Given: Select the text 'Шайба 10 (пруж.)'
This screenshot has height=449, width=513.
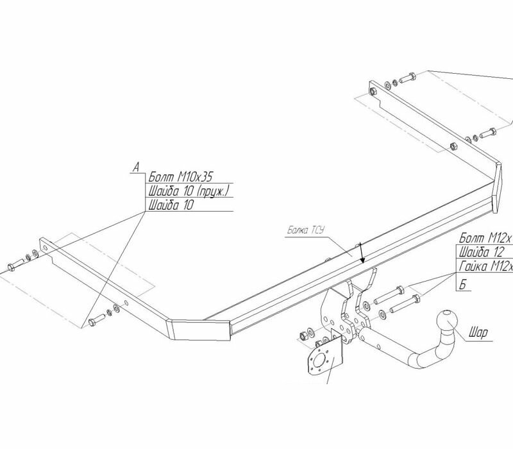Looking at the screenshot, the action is coord(189,192).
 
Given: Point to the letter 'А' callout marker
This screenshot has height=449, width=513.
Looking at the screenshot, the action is coord(136,167).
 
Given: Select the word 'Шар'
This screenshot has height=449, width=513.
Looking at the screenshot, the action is coord(478,333).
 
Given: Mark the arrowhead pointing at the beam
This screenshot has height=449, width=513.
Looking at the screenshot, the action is coord(362,259).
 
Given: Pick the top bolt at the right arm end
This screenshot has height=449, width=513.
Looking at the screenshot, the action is coord(408,80).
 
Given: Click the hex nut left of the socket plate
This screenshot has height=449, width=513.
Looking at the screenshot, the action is coord(301,336).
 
